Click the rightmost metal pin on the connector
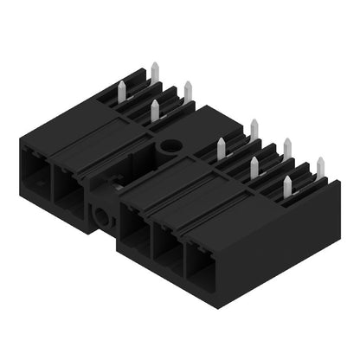coord(319,166)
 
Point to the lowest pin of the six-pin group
coord(287,184)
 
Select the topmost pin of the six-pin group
coord(254,129)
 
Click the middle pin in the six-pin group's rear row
coord(286,148)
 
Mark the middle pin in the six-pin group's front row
coord(254,166)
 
